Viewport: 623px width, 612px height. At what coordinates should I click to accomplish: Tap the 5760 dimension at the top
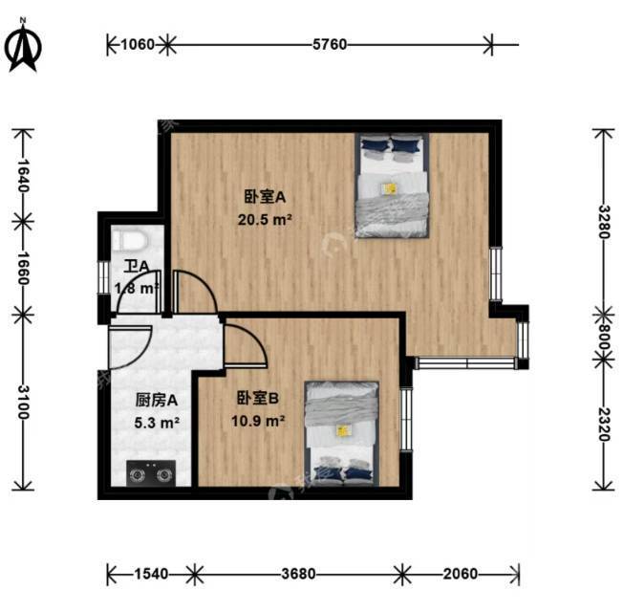click(329, 43)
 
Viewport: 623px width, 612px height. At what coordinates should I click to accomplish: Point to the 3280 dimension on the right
click(601, 221)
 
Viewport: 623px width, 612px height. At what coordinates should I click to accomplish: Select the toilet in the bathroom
click(127, 243)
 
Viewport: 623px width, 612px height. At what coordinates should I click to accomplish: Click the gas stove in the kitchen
click(150, 471)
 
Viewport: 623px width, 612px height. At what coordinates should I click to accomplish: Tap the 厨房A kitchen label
click(151, 400)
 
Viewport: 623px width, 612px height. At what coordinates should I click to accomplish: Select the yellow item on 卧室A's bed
click(390, 188)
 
